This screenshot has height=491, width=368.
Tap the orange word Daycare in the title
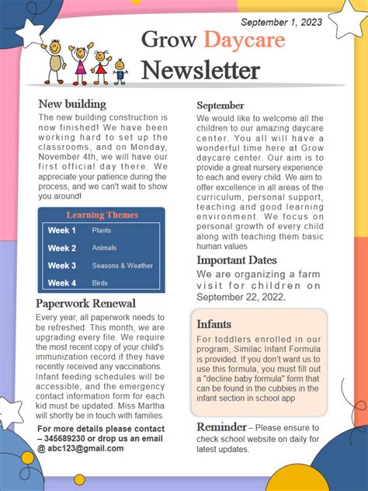(x=245, y=39)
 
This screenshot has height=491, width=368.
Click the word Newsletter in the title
(x=200, y=71)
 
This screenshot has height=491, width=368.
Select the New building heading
(x=72, y=104)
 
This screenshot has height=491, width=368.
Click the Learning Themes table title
(x=102, y=215)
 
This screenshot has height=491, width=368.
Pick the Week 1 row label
(x=62, y=231)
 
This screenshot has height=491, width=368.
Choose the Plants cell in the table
(x=102, y=231)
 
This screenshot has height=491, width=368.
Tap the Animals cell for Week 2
(x=104, y=248)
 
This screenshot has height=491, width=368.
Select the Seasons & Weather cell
(x=122, y=266)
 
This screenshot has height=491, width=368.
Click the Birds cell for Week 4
(x=99, y=283)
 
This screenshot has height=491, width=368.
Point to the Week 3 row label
(x=62, y=266)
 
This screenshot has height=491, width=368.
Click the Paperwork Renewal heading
(x=86, y=303)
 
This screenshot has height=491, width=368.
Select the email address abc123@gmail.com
(x=81, y=448)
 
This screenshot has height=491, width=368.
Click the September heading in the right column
(x=220, y=105)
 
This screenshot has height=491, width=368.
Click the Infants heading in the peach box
(x=214, y=323)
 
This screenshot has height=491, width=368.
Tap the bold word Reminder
(x=221, y=427)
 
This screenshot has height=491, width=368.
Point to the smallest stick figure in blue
(x=120, y=72)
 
